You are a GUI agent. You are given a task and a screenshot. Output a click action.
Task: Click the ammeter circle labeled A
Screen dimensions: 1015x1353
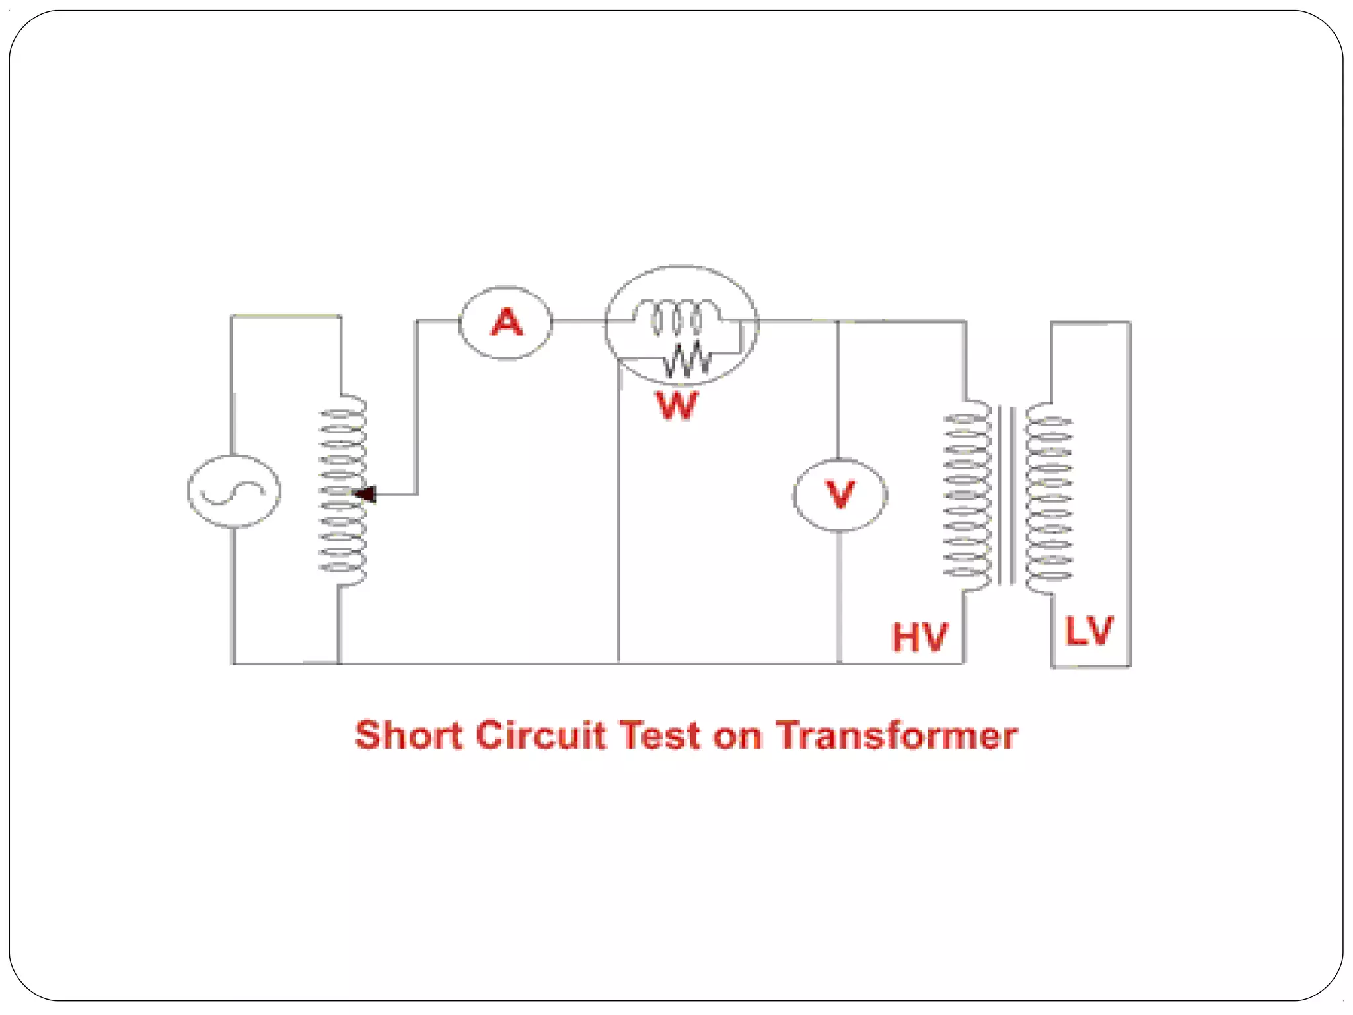pyautogui.click(x=505, y=323)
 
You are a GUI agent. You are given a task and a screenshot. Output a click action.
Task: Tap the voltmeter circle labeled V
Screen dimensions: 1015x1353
pyautogui.click(x=840, y=495)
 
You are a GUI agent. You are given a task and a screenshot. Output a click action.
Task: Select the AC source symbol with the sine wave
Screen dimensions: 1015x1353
pyautogui.click(x=234, y=491)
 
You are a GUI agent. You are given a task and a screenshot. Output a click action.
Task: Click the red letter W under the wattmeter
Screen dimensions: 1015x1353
pyautogui.click(x=676, y=405)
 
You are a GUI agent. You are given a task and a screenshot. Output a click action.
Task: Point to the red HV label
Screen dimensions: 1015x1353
pyautogui.click(x=920, y=637)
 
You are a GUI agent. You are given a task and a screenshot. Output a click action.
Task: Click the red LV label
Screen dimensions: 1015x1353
pyautogui.click(x=1089, y=630)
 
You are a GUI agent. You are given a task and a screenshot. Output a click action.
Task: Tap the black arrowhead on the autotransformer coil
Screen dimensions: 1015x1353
pyautogui.click(x=365, y=494)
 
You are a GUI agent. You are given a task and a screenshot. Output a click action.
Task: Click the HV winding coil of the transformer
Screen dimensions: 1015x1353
pyautogui.click(x=967, y=495)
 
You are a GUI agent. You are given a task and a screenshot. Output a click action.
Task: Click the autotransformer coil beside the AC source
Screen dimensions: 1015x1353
pyautogui.click(x=343, y=490)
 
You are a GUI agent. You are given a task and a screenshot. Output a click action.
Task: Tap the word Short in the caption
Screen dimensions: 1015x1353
pyautogui.click(x=408, y=735)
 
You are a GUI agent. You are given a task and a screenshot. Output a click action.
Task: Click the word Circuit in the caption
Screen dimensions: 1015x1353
pyautogui.click(x=540, y=735)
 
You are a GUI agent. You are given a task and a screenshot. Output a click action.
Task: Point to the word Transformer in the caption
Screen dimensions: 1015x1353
pyautogui.click(x=896, y=735)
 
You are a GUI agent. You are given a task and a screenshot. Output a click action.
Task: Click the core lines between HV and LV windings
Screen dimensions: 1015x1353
pyautogui.click(x=1007, y=496)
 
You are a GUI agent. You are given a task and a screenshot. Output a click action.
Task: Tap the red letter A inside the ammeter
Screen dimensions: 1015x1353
pyautogui.click(x=507, y=322)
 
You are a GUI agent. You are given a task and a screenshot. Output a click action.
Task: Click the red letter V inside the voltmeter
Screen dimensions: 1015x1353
pyautogui.click(x=840, y=494)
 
